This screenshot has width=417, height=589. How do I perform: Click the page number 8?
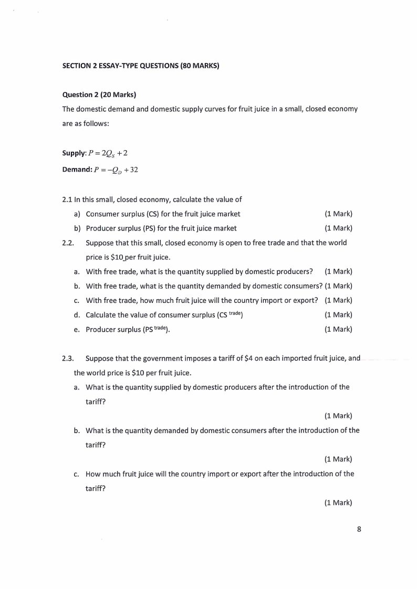[359, 529]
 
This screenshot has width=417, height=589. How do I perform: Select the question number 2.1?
[67, 200]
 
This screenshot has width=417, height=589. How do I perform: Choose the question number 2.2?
[68, 243]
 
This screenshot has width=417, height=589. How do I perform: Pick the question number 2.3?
[68, 359]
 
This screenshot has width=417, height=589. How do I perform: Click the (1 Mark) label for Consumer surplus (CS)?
[338, 214]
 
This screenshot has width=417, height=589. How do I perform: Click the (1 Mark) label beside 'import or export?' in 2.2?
[338, 300]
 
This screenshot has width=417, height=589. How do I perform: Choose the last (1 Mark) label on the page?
[338, 502]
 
